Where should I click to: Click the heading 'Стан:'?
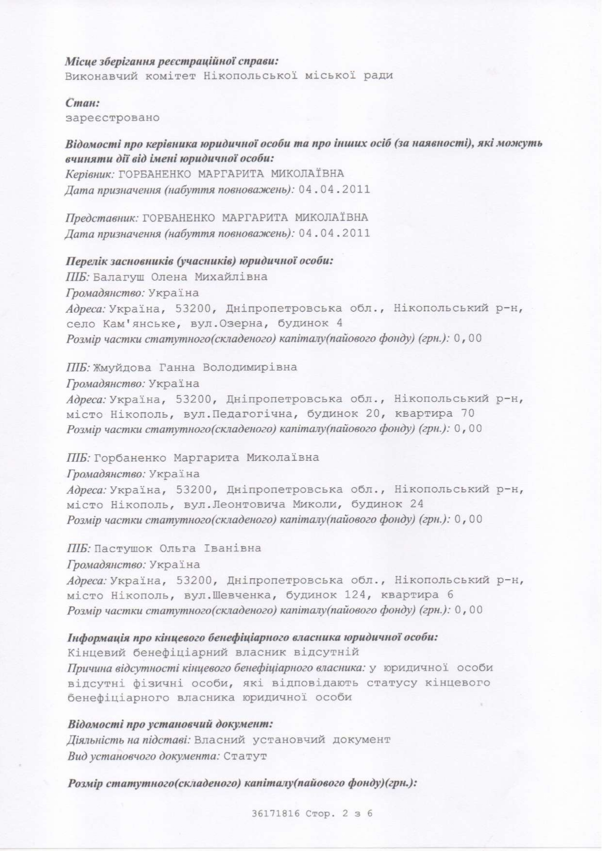(x=83, y=103)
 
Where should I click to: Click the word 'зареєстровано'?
(x=112, y=118)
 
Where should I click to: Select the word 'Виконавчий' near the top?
(x=101, y=76)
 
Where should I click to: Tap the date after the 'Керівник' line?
(x=334, y=189)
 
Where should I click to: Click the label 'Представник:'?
(x=102, y=217)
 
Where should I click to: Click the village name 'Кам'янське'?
(x=140, y=323)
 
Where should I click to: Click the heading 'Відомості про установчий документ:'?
(x=170, y=724)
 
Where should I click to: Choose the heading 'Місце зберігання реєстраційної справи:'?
(x=172, y=62)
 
